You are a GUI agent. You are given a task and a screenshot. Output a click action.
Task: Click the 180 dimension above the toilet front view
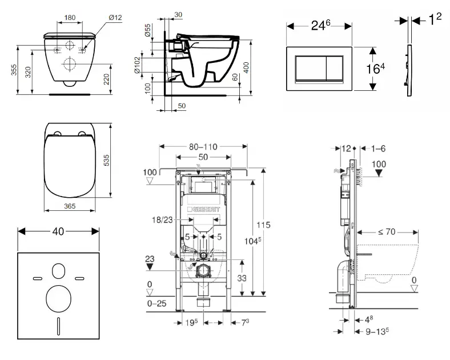click(70, 17)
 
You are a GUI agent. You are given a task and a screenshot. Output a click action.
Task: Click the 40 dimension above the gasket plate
click(58, 231)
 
